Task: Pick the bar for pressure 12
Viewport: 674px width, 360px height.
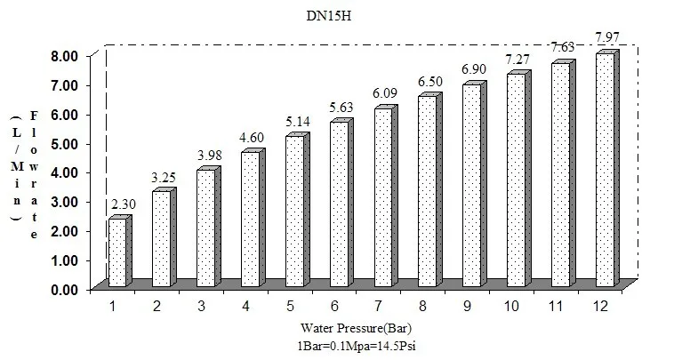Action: pyautogui.click(x=605, y=171)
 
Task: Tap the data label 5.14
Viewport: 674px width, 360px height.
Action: pyautogui.click(x=297, y=121)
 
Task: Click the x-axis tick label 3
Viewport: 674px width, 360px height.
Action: pyautogui.click(x=198, y=307)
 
